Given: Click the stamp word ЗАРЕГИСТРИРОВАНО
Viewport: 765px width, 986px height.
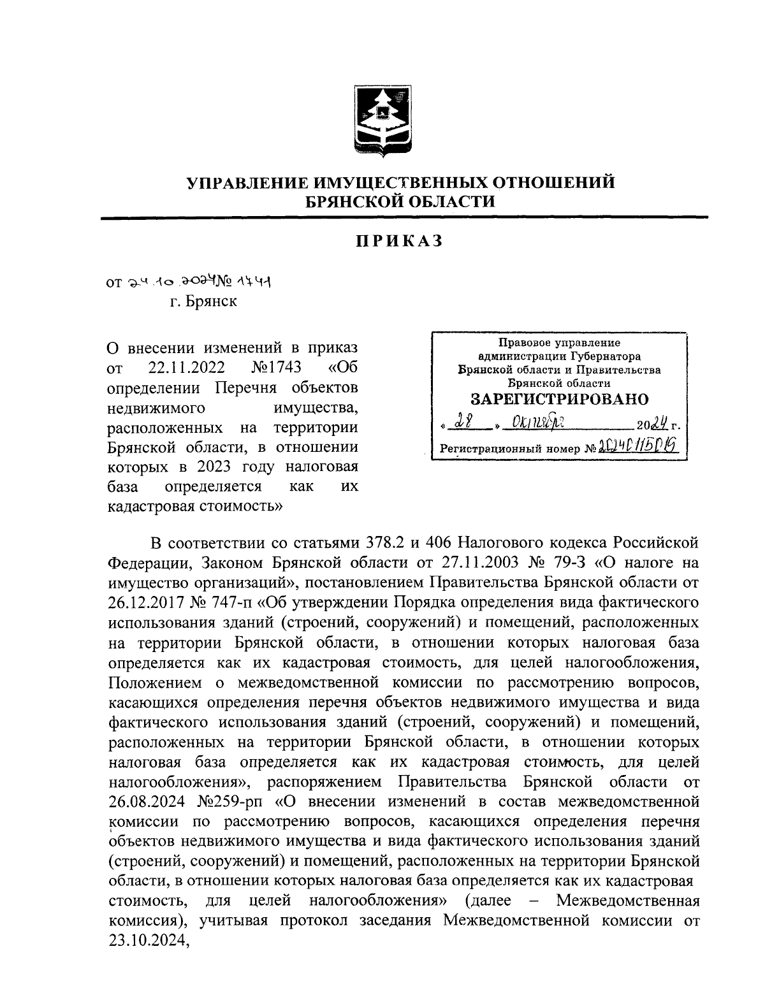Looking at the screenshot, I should coord(558,400).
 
